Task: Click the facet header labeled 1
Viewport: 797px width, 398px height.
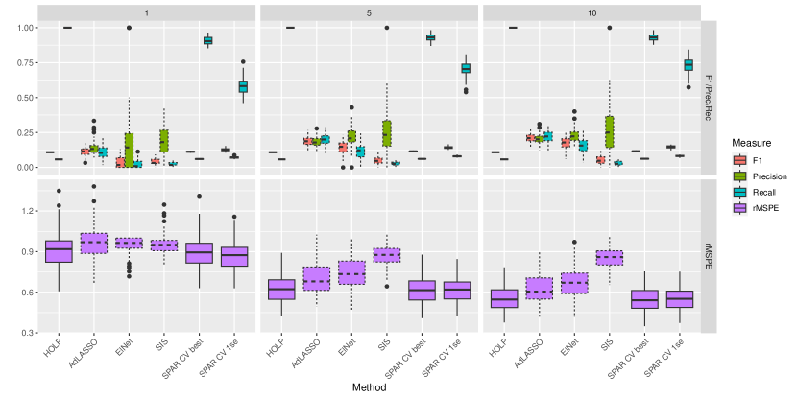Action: (149, 11)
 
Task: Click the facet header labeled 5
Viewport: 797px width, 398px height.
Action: (369, 11)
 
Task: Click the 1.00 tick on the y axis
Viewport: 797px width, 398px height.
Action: (23, 28)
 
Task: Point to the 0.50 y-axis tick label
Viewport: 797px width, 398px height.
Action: (23, 98)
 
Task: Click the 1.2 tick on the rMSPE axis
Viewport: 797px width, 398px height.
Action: (26, 210)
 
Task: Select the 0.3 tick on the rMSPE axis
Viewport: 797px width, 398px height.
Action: (26, 332)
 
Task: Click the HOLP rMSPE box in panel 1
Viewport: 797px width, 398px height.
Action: (59, 251)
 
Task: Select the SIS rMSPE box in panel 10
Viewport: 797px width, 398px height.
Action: (609, 257)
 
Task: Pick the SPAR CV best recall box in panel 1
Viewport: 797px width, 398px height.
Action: (207, 40)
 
